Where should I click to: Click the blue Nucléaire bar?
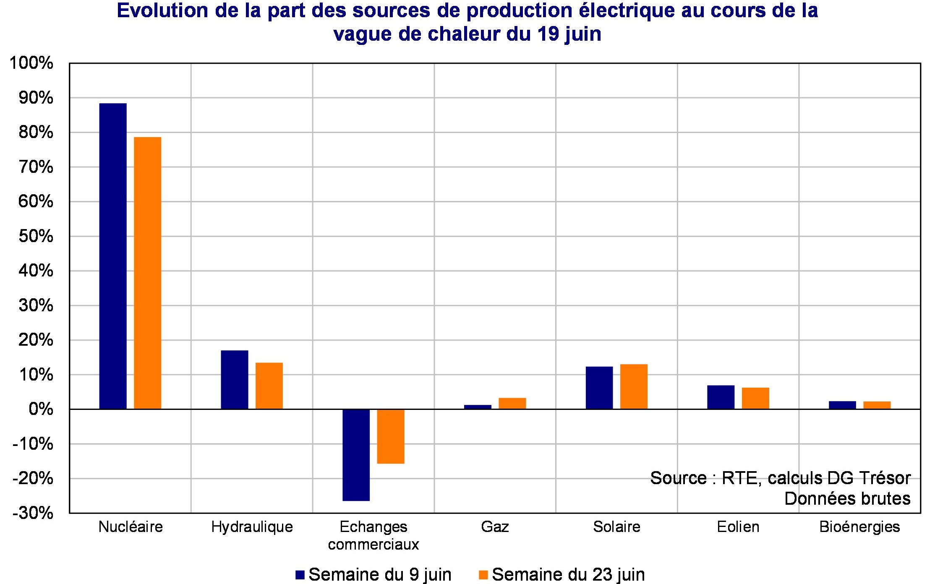tap(113, 256)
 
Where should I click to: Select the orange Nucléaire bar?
tap(147, 273)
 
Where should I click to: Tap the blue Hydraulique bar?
tap(234, 379)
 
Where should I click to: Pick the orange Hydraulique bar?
tap(269, 386)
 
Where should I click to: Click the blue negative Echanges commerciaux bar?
tap(356, 455)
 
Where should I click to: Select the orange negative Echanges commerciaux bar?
tap(390, 436)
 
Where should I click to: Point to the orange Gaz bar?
tap(512, 403)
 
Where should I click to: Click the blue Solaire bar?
tap(599, 388)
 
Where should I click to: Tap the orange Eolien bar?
tap(755, 398)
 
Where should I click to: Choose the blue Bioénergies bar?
tap(842, 405)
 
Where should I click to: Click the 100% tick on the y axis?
tap(32, 63)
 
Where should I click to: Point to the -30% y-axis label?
tap(33, 513)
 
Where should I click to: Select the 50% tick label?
tap(36, 236)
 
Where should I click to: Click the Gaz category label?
tap(495, 527)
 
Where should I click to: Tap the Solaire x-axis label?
tap(616, 527)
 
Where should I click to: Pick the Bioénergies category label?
tap(859, 527)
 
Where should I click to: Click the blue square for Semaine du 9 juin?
tap(300, 575)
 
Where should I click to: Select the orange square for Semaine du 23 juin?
tap(483, 575)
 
